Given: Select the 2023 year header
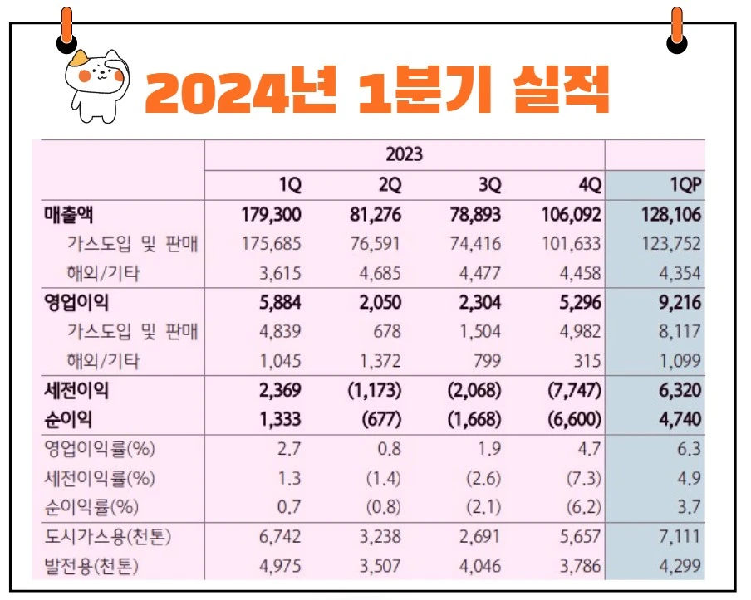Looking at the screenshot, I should point(405,154).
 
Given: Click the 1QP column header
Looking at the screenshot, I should point(684,183).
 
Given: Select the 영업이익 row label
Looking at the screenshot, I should point(76,302).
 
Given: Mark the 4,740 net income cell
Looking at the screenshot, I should point(679,419).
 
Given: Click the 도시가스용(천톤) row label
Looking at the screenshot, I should point(107,537).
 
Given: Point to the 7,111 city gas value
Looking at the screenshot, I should point(680,537).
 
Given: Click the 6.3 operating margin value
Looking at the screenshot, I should point(689,449).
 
